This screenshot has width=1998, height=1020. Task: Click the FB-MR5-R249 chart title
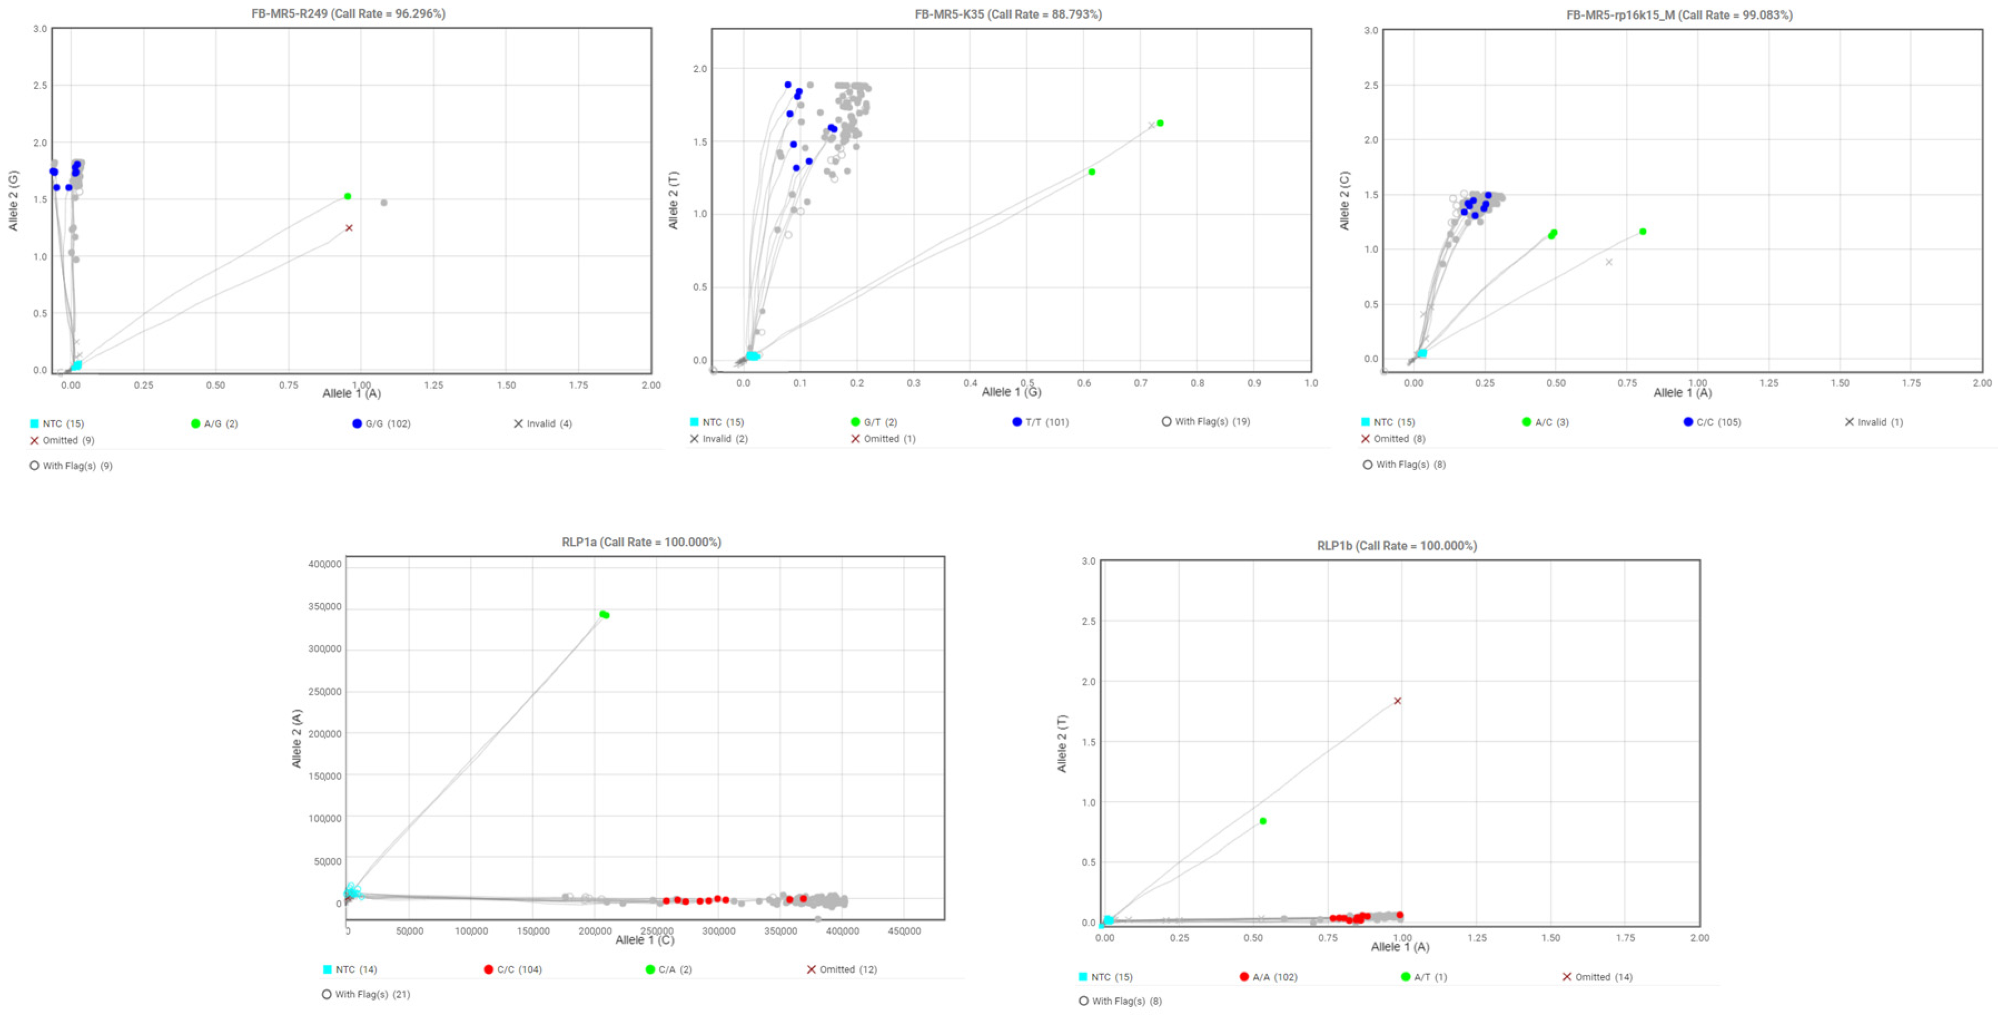pos(348,14)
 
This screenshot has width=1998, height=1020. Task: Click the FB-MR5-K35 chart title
pos(1008,14)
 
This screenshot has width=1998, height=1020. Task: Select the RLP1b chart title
pos(1396,545)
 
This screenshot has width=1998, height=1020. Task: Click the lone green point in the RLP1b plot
pos(1263,821)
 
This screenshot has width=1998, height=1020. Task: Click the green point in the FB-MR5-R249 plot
pos(348,196)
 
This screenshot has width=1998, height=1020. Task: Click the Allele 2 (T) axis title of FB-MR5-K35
pos(673,200)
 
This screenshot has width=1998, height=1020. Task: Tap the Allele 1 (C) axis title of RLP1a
pos(645,940)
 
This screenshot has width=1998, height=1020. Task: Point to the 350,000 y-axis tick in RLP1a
pos(324,607)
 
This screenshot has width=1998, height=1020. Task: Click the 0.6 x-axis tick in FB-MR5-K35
pos(1084,383)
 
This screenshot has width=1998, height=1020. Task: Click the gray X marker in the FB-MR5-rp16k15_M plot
pos(1609,262)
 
